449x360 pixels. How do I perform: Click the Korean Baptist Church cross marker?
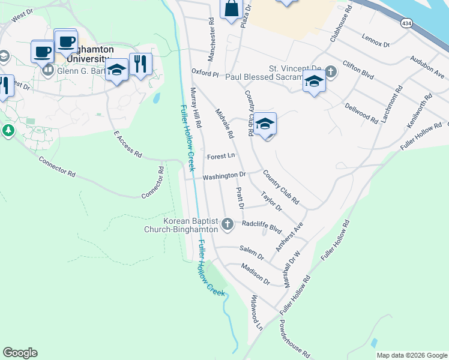point(227,224)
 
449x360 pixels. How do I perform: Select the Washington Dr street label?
point(224,176)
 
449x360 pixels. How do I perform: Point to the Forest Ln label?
point(220,157)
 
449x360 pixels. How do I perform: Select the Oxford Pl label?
point(205,73)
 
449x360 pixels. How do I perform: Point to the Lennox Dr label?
point(376,40)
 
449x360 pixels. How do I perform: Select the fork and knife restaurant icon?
point(140,64)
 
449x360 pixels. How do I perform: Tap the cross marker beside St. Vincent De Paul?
point(331,72)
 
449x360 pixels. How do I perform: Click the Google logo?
point(20,353)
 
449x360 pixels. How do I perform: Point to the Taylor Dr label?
point(271,201)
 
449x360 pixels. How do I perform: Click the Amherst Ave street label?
point(290,236)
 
